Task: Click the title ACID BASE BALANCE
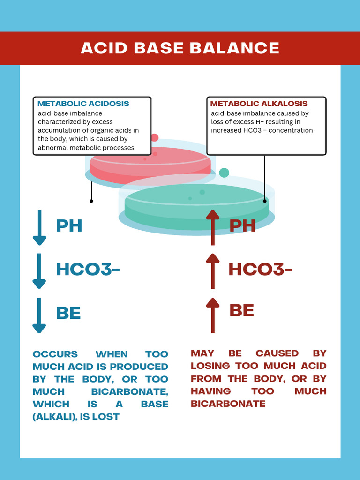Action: [180, 48]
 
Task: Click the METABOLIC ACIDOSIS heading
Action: [83, 104]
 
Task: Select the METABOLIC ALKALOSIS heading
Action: [259, 104]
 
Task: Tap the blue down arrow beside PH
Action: [39, 227]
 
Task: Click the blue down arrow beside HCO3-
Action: [39, 271]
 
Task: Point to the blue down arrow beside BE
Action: [39, 315]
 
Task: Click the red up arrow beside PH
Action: [213, 227]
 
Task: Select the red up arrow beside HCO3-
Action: [213, 271]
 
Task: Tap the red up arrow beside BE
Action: [213, 315]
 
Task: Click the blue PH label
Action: [69, 225]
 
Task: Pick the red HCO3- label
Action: [260, 270]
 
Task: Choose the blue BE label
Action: [68, 313]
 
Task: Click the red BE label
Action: [242, 310]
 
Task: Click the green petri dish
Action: [197, 206]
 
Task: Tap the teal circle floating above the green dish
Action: [224, 172]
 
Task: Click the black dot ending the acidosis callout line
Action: [91, 201]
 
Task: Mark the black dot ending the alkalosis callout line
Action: [265, 201]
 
